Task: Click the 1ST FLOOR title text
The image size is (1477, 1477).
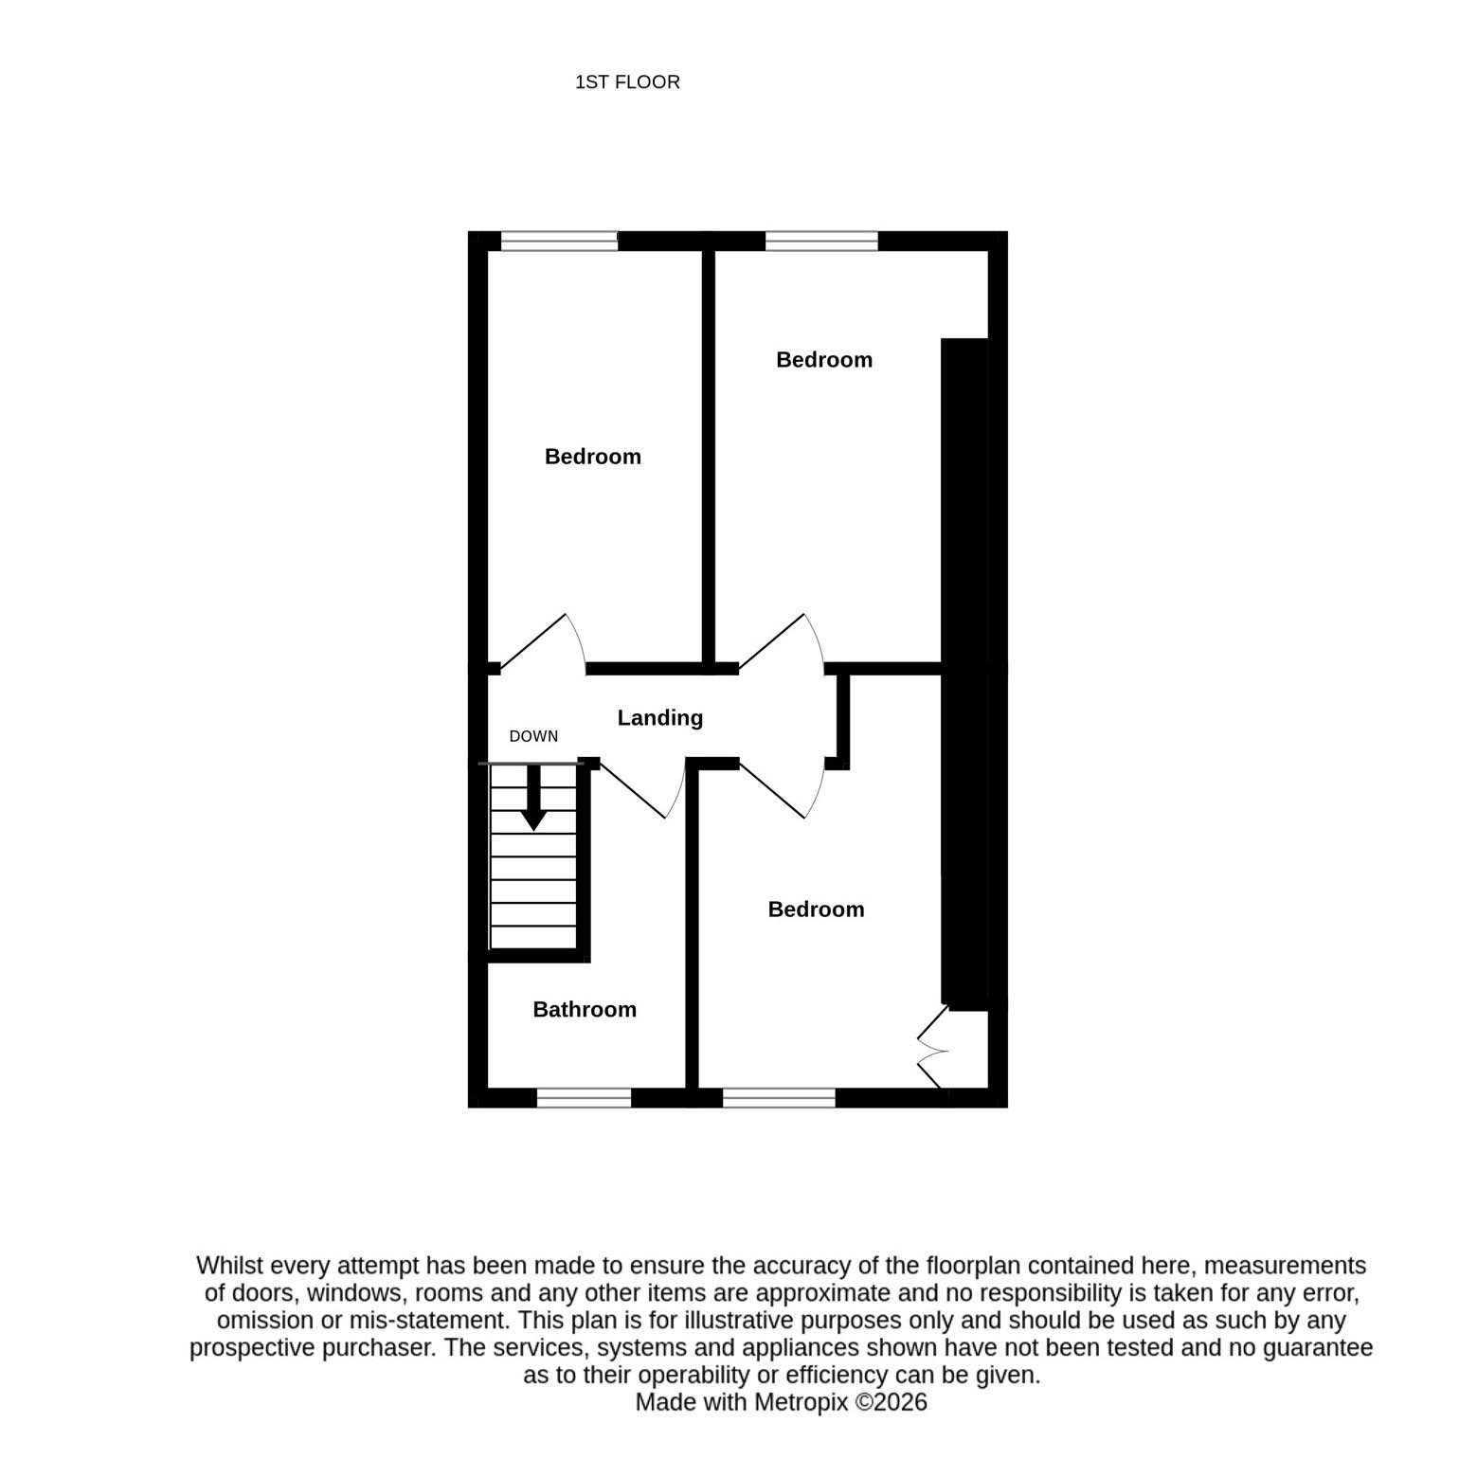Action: click(627, 82)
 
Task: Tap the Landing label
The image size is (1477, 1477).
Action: click(660, 718)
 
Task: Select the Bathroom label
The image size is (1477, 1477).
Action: click(585, 1010)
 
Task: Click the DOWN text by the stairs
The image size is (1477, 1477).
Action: click(533, 736)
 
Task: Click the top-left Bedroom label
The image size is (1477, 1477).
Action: click(593, 457)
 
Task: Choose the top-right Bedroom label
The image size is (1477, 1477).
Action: click(824, 360)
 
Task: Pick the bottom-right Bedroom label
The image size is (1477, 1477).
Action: click(816, 910)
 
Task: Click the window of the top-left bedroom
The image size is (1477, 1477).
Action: click(559, 242)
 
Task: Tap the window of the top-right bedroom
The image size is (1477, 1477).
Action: click(821, 242)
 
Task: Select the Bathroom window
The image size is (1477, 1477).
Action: click(584, 1098)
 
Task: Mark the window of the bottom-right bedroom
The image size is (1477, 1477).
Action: click(779, 1098)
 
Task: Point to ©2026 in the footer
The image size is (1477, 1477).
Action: click(892, 1402)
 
